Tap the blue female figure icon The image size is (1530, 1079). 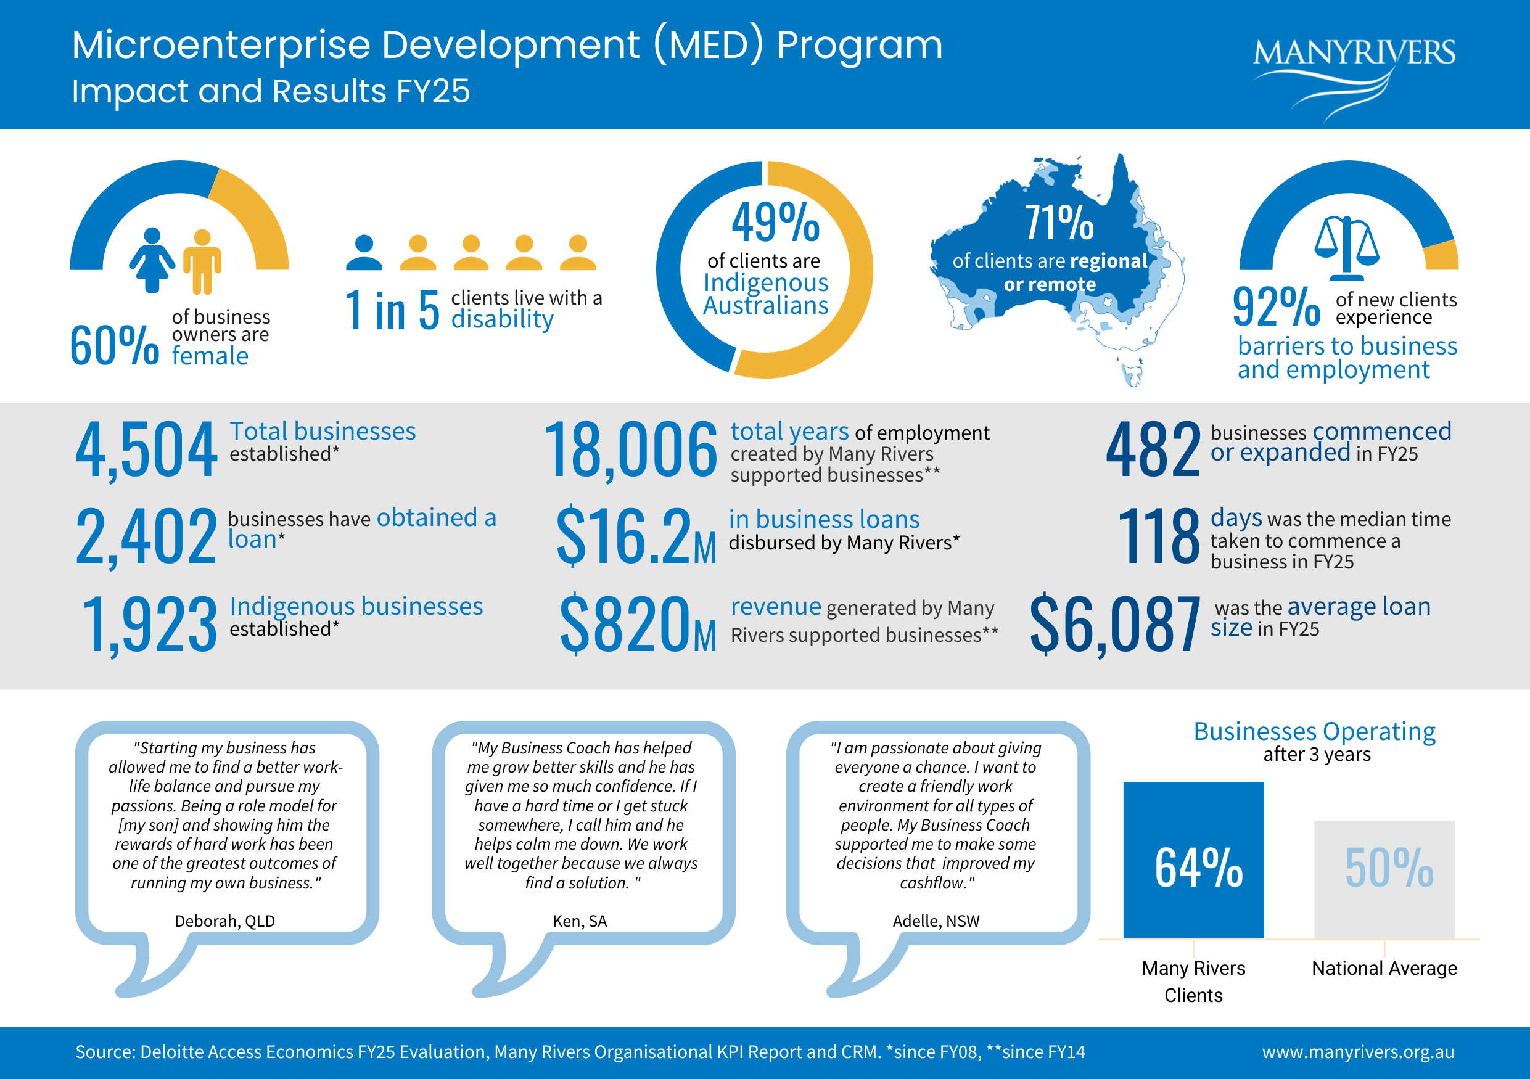click(152, 260)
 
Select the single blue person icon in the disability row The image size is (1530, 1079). click(364, 252)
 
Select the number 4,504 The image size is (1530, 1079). click(146, 449)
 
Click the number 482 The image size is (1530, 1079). click(1153, 449)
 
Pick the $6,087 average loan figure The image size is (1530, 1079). click(1115, 623)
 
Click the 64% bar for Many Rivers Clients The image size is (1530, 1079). click(1193, 861)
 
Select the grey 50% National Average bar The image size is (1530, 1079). click(1384, 880)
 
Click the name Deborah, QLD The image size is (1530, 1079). click(224, 921)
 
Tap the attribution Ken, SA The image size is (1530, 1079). click(580, 921)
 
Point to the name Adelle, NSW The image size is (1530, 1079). click(936, 921)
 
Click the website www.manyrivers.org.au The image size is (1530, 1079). click(1358, 1052)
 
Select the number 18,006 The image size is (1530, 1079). click(630, 449)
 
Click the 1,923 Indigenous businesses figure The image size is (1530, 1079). click(149, 625)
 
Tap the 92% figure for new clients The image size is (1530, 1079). click(1276, 306)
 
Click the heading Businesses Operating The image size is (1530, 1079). click(1315, 731)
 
